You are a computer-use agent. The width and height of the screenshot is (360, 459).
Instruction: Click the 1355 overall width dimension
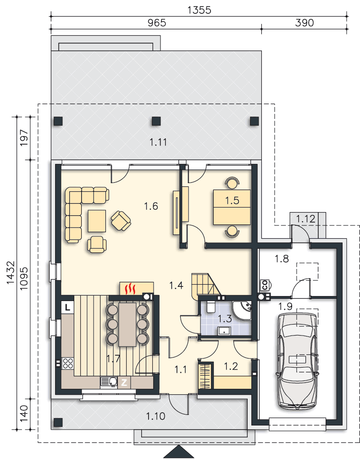tap(199, 10)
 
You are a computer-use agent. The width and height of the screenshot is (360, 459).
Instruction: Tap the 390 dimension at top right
tap(304, 23)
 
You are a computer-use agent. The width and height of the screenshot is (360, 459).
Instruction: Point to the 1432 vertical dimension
tap(10, 272)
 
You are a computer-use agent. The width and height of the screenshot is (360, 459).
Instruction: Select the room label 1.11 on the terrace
tap(158, 142)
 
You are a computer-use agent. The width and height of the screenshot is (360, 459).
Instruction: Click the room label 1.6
tap(151, 206)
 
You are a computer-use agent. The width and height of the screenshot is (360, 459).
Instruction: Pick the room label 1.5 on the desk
tap(232, 201)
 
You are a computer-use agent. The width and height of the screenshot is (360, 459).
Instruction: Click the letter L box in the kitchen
tap(67, 308)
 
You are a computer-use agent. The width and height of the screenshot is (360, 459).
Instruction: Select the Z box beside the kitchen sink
tap(124, 382)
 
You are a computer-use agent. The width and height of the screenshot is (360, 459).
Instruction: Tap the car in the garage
tap(298, 361)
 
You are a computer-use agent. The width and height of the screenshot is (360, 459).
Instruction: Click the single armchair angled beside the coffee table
tap(121, 220)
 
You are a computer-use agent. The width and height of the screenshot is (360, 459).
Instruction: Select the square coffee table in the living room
tap(97, 221)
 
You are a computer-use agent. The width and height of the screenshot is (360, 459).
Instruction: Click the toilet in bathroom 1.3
tap(210, 307)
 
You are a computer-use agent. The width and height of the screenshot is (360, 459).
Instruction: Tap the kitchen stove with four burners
tap(68, 363)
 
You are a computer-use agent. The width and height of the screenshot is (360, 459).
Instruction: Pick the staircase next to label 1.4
tap(206, 285)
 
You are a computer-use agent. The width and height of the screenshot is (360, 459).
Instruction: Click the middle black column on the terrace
tap(156, 121)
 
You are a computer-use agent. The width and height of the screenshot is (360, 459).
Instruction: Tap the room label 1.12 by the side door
tap(305, 218)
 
